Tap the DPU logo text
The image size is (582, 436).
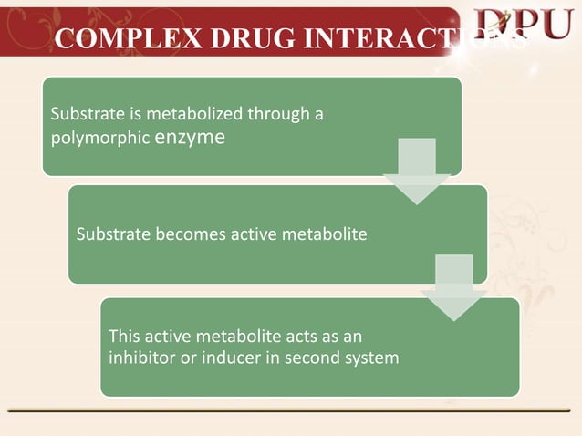point(525,26)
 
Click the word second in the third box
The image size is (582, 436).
point(310,357)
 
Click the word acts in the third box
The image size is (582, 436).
point(302,336)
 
